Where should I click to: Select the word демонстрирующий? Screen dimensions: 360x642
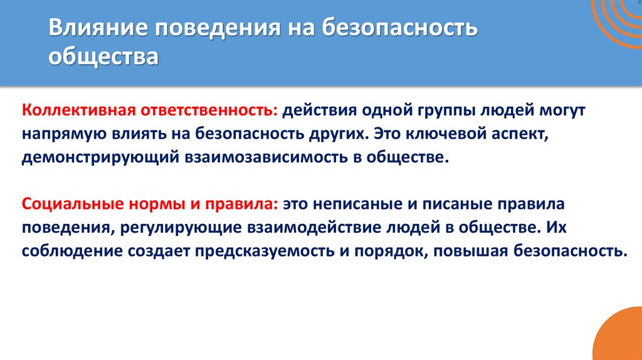[99, 157]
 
